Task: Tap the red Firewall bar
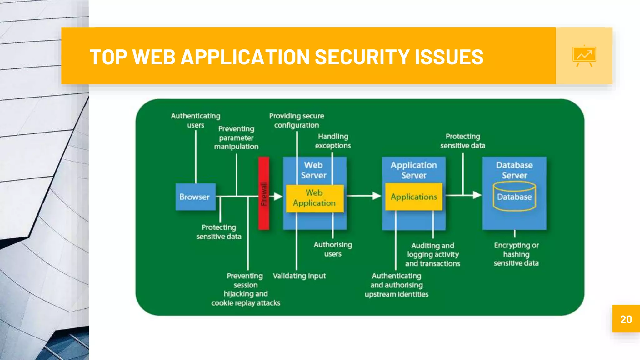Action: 263,193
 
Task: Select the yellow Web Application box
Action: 314,198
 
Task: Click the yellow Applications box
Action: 414,197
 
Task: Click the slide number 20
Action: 626,319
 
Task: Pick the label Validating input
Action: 299,276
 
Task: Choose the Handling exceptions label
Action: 333,141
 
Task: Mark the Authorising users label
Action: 333,249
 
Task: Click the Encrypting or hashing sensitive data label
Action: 516,254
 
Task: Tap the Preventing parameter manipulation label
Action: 236,137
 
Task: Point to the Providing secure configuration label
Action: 297,120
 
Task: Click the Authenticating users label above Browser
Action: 196,120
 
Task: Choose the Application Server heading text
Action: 414,170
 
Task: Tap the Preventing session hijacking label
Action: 246,289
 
